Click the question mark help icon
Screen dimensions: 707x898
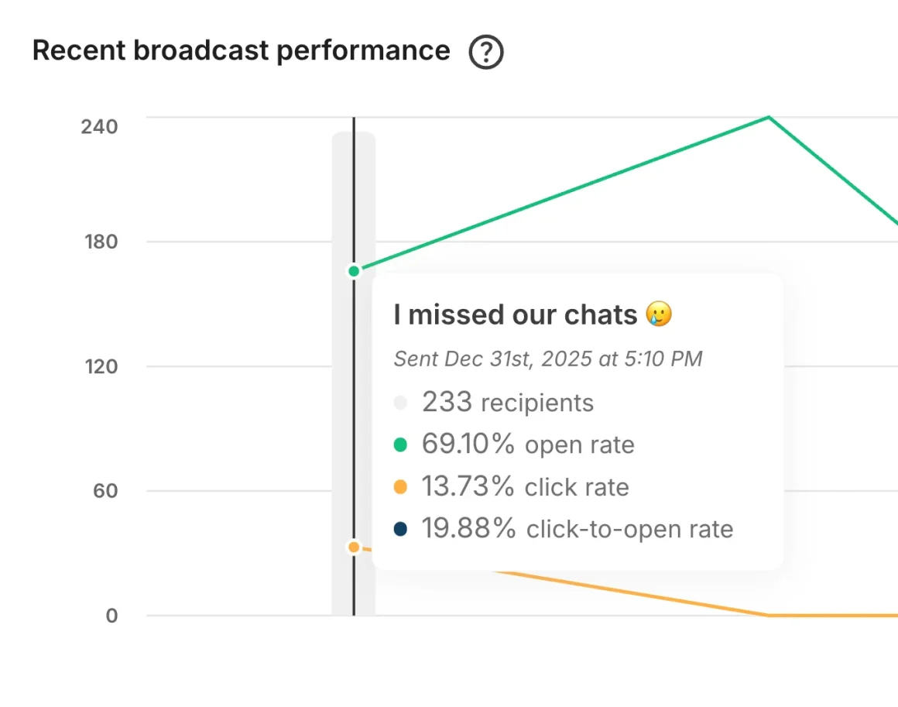coord(486,53)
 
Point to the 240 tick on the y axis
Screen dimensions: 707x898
coord(99,126)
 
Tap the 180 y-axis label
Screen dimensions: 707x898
coord(101,242)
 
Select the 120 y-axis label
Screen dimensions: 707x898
coord(101,366)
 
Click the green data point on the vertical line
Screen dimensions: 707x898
coord(354,271)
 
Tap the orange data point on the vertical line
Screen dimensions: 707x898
coord(354,547)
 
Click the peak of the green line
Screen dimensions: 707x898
coord(768,117)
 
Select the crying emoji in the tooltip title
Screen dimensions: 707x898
coord(659,314)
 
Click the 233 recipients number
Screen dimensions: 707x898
coord(447,402)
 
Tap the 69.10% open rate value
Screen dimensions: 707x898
coord(468,444)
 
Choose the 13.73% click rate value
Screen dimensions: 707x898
coord(468,486)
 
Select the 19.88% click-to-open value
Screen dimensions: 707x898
coord(468,528)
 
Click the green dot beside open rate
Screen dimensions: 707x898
coord(400,444)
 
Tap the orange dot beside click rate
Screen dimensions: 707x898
coord(400,487)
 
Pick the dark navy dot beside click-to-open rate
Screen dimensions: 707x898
coord(400,529)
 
